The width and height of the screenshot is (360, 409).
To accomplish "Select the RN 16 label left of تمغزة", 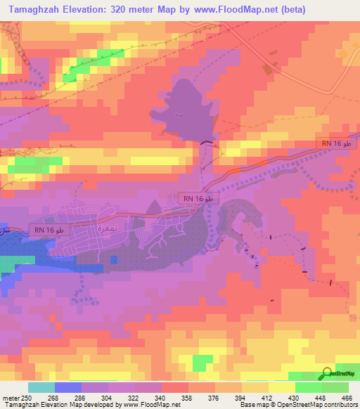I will click(49, 230).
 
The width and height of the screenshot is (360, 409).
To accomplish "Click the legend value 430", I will click(293, 398).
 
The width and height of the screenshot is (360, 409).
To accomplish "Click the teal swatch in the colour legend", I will click(41, 387).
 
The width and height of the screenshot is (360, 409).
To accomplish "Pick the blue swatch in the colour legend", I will click(68, 387).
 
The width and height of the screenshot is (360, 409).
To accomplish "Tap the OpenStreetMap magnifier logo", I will click(327, 374).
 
